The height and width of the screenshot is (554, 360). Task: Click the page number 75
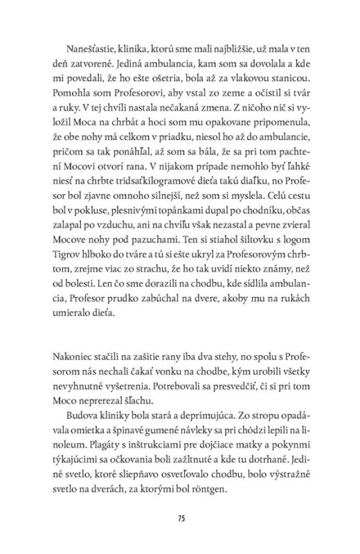[180, 517]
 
